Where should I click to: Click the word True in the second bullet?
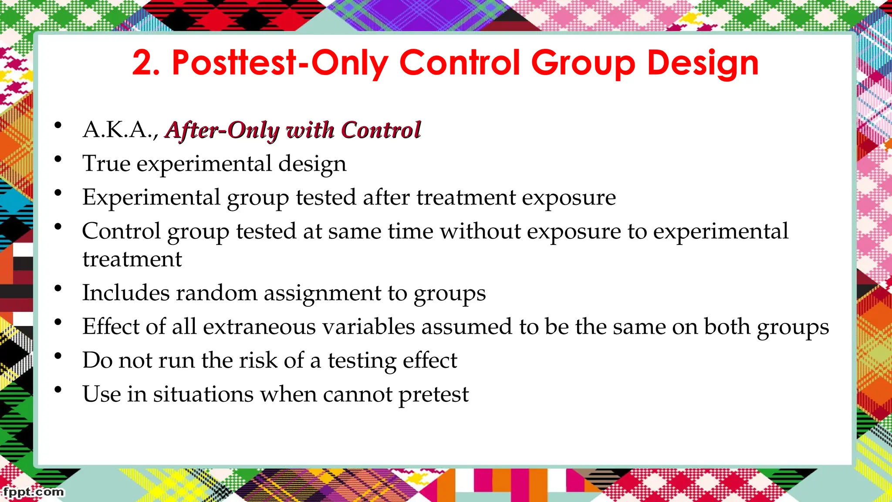tap(106, 163)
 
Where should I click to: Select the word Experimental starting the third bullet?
tap(151, 197)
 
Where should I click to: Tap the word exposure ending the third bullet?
tap(569, 197)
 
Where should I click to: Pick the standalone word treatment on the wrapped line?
tap(132, 259)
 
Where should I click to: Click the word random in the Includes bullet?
tap(216, 293)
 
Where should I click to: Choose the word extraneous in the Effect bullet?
tap(259, 326)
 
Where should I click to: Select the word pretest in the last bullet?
tap(433, 394)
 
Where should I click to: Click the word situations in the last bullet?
tap(203, 394)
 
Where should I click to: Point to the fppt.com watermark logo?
tap(33, 492)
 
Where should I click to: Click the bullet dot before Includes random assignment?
tap(58, 288)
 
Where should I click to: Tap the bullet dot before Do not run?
tap(58, 356)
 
